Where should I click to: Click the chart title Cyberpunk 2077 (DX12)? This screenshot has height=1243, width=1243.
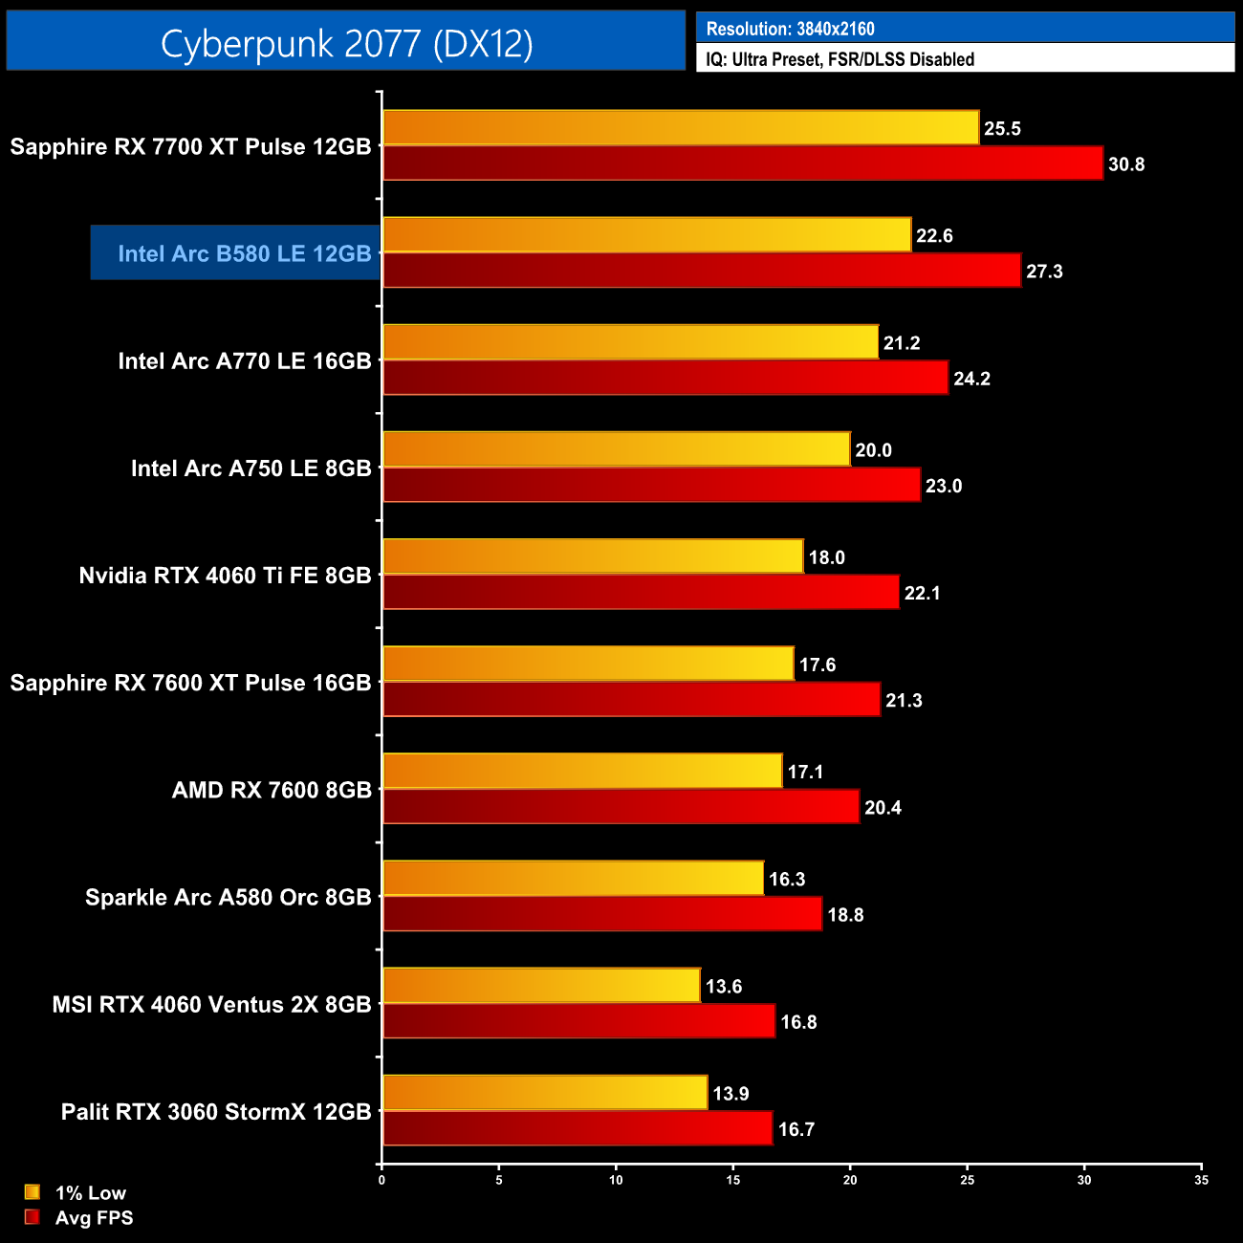[x=346, y=43]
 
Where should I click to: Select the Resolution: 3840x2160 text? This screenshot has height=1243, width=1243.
[x=790, y=29]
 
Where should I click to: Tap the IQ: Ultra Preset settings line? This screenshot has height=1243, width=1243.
[x=840, y=59]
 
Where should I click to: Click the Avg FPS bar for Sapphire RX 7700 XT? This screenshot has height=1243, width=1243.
[x=743, y=164]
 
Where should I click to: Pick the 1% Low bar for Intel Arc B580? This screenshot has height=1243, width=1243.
[x=647, y=235]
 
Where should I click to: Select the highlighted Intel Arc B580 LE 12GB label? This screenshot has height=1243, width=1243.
[x=244, y=253]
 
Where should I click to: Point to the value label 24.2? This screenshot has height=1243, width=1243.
[x=971, y=379]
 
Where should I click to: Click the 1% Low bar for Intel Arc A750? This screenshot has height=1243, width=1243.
[x=617, y=449]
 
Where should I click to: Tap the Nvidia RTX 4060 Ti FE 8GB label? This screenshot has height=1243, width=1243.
[x=225, y=576]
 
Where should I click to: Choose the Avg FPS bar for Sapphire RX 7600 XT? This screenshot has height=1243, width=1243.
[x=631, y=700]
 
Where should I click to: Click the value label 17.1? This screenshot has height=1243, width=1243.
[x=805, y=772]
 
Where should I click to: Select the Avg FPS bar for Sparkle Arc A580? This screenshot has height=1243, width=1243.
[x=602, y=914]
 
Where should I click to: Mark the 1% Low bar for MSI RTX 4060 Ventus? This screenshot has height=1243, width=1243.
[x=541, y=986]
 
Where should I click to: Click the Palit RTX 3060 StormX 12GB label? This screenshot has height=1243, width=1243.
[x=216, y=1112]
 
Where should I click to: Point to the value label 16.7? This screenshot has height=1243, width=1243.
[x=796, y=1129]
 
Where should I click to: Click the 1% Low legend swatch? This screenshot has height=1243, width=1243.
[x=33, y=1192]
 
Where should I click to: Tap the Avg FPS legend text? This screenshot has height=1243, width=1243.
[x=94, y=1217]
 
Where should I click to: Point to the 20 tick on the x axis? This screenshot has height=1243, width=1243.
[x=850, y=1180]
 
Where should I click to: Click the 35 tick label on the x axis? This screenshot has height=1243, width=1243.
[x=1201, y=1180]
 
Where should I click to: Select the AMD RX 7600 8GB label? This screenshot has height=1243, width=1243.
[x=272, y=790]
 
